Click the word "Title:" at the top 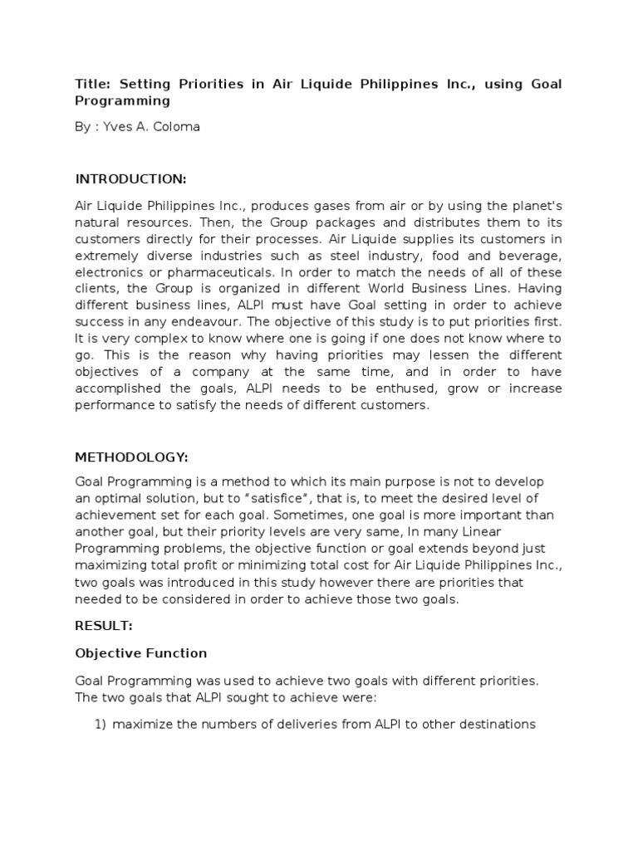93,85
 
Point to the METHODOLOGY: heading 131,457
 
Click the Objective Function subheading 141,653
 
